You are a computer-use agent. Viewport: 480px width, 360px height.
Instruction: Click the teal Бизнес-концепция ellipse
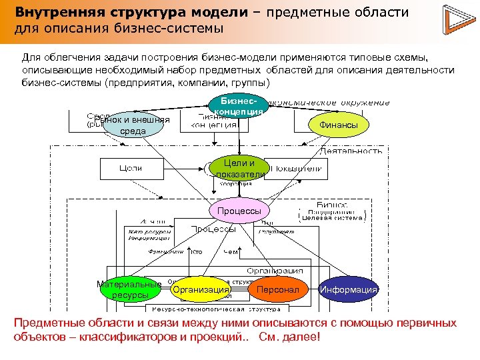click(239, 104)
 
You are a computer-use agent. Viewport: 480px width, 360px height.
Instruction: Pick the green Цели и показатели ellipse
click(239, 169)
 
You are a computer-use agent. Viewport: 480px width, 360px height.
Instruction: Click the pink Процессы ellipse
click(239, 211)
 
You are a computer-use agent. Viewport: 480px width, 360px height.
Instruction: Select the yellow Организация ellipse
click(200, 290)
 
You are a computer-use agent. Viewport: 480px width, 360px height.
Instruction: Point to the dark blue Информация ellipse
click(349, 290)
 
